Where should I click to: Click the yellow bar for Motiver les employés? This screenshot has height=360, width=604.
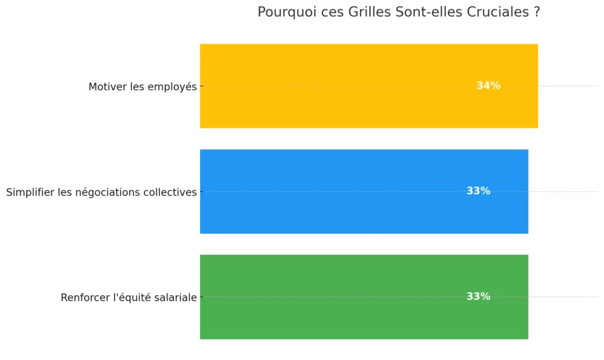354,86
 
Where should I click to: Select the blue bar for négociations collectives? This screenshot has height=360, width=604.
354,191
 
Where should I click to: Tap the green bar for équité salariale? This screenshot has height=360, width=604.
354,296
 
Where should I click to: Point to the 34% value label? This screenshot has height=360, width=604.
488,86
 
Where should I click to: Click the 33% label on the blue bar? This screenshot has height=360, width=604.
478,191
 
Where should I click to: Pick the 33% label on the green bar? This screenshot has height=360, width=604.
478,296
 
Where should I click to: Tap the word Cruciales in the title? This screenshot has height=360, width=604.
496,12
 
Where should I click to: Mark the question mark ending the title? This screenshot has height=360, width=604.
536,12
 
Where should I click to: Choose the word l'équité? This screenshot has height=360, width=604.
130,298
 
